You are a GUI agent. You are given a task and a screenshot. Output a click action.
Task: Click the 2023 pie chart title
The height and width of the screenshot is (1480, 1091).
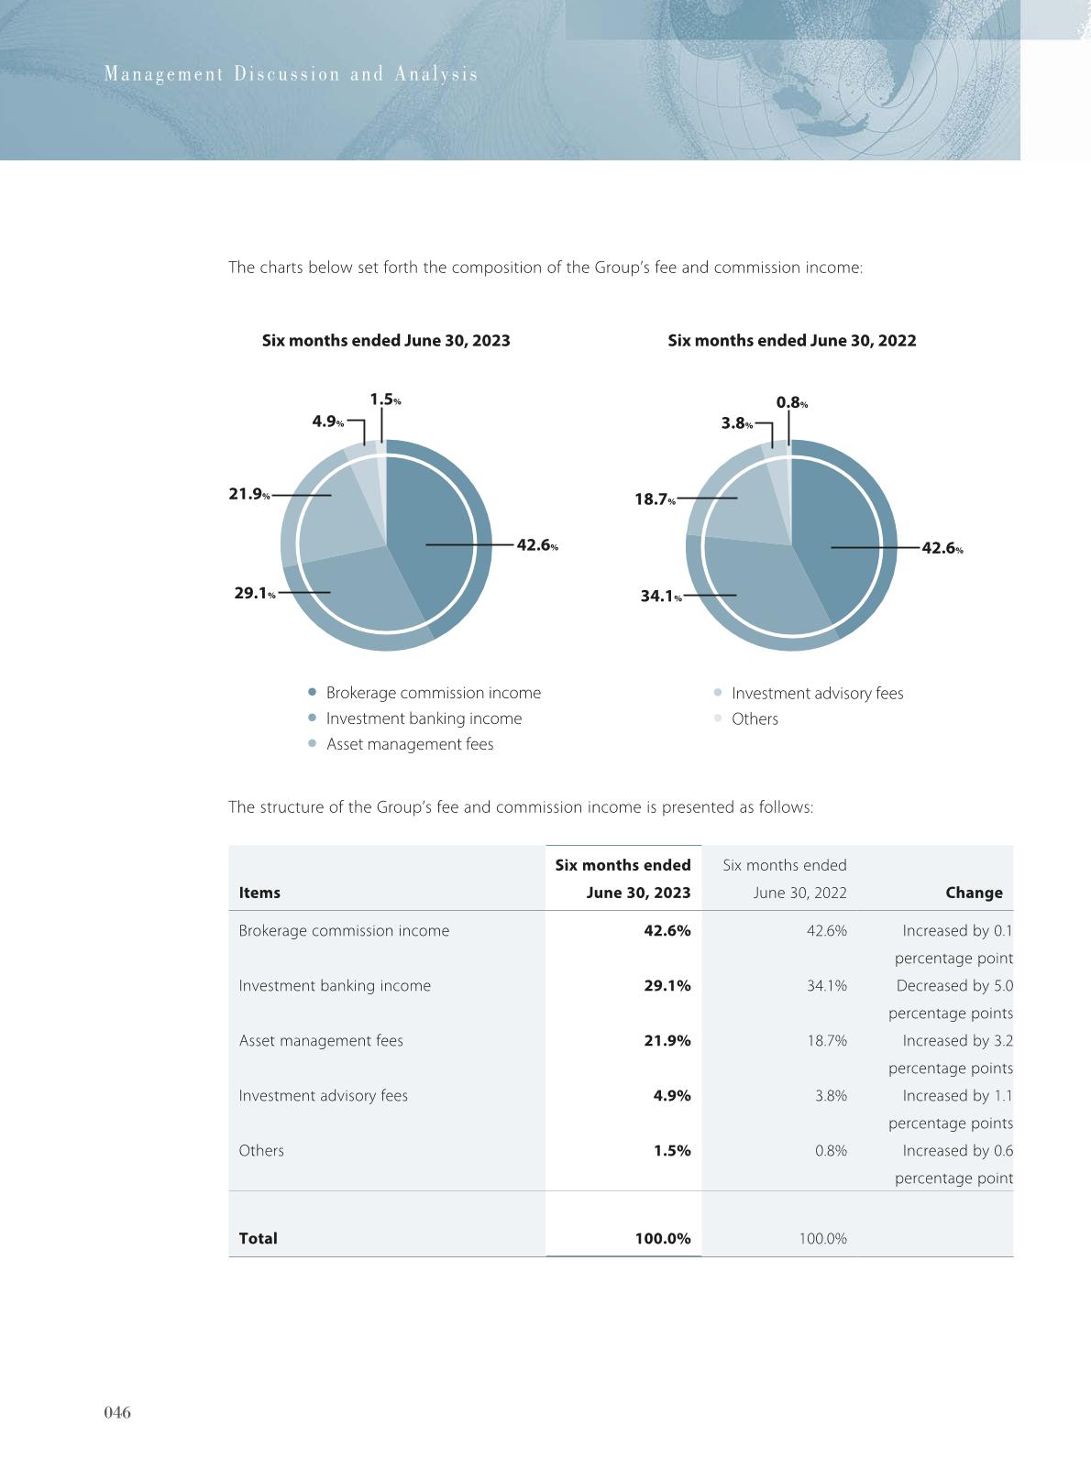(x=386, y=341)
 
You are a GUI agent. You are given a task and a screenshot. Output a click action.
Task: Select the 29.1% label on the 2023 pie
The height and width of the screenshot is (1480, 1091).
(x=254, y=594)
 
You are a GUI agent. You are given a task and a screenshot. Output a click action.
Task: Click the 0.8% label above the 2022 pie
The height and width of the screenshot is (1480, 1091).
(x=791, y=403)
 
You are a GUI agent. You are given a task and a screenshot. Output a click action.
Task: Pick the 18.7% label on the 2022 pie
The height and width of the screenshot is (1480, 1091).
(x=655, y=499)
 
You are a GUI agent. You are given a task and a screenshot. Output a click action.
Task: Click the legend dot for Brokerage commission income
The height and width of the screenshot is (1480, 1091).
(x=313, y=693)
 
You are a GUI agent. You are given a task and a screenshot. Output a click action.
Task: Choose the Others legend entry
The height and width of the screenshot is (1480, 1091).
(x=754, y=719)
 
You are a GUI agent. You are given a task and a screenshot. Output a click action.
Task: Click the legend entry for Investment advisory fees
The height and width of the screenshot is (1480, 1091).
(x=816, y=694)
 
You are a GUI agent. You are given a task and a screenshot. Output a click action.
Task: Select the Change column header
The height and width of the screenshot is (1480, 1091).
(x=974, y=893)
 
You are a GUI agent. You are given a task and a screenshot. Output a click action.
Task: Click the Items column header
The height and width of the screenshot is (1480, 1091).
(x=259, y=893)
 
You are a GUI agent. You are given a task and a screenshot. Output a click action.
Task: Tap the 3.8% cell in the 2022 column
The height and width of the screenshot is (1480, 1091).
(x=831, y=1096)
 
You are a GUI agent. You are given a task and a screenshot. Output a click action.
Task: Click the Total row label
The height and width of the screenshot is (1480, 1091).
(x=258, y=1239)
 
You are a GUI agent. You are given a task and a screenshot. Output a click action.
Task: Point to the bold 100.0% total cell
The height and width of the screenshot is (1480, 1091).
(x=662, y=1239)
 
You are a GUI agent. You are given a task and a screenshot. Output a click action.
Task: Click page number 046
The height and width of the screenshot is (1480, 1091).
(x=117, y=1413)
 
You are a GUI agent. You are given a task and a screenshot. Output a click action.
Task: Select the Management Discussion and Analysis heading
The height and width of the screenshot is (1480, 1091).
(x=291, y=74)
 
